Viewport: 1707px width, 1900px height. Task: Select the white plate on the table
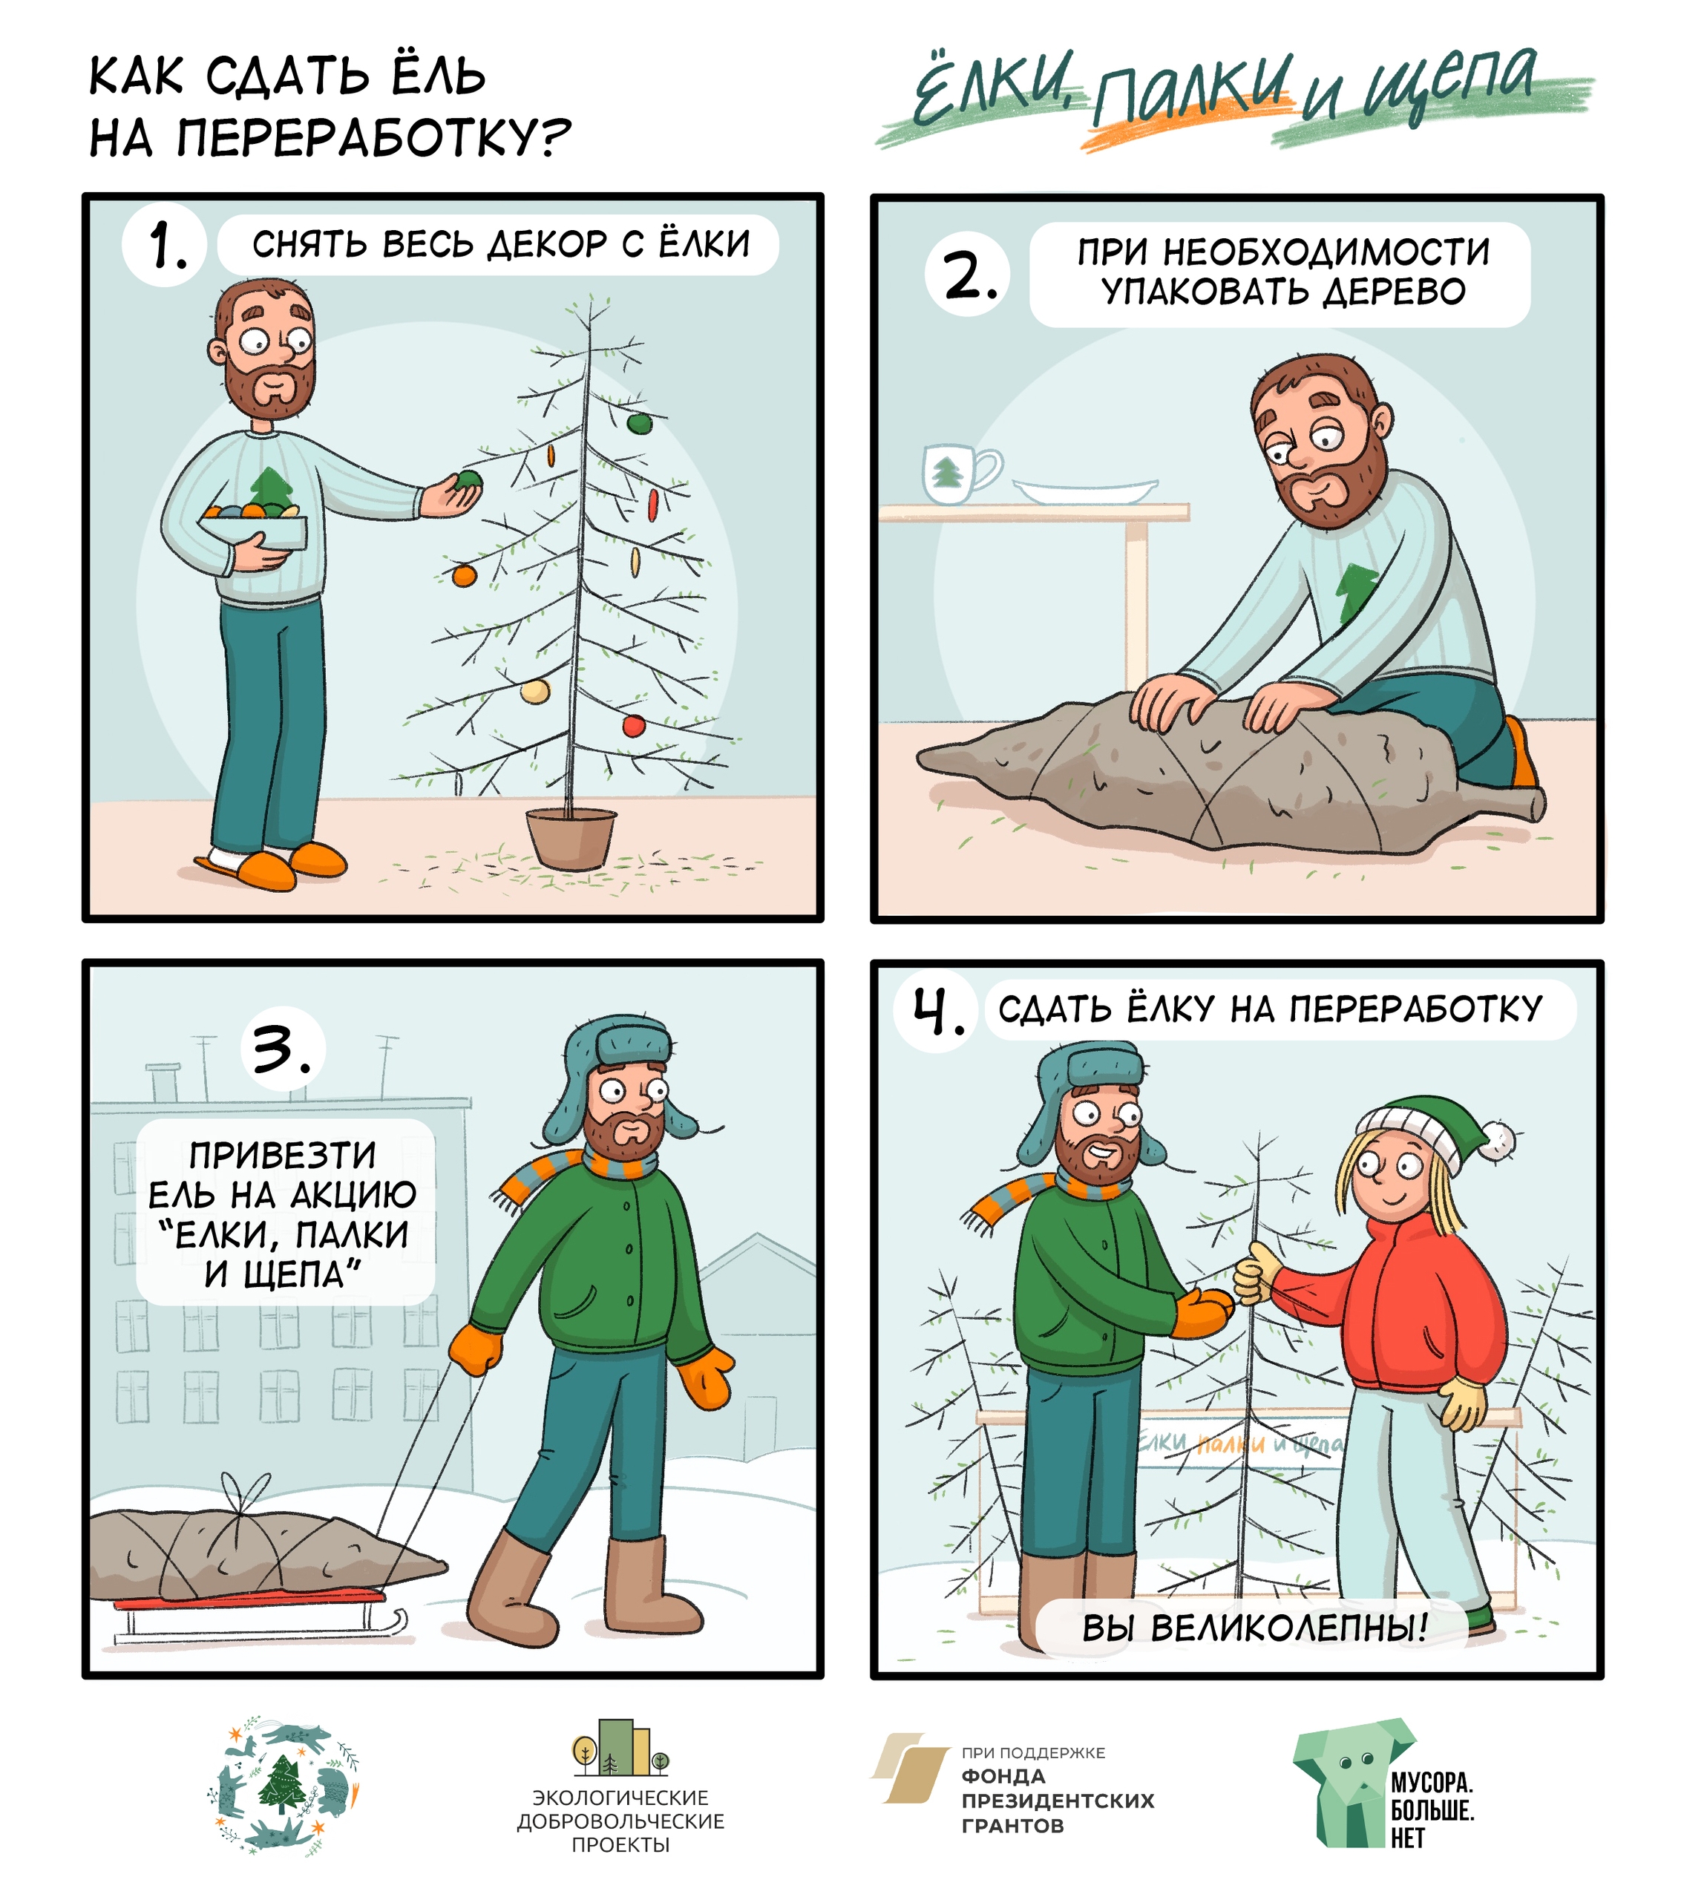coord(1085,491)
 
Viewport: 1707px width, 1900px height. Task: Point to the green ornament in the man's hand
coord(467,482)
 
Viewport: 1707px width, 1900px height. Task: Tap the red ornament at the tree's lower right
coord(634,725)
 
